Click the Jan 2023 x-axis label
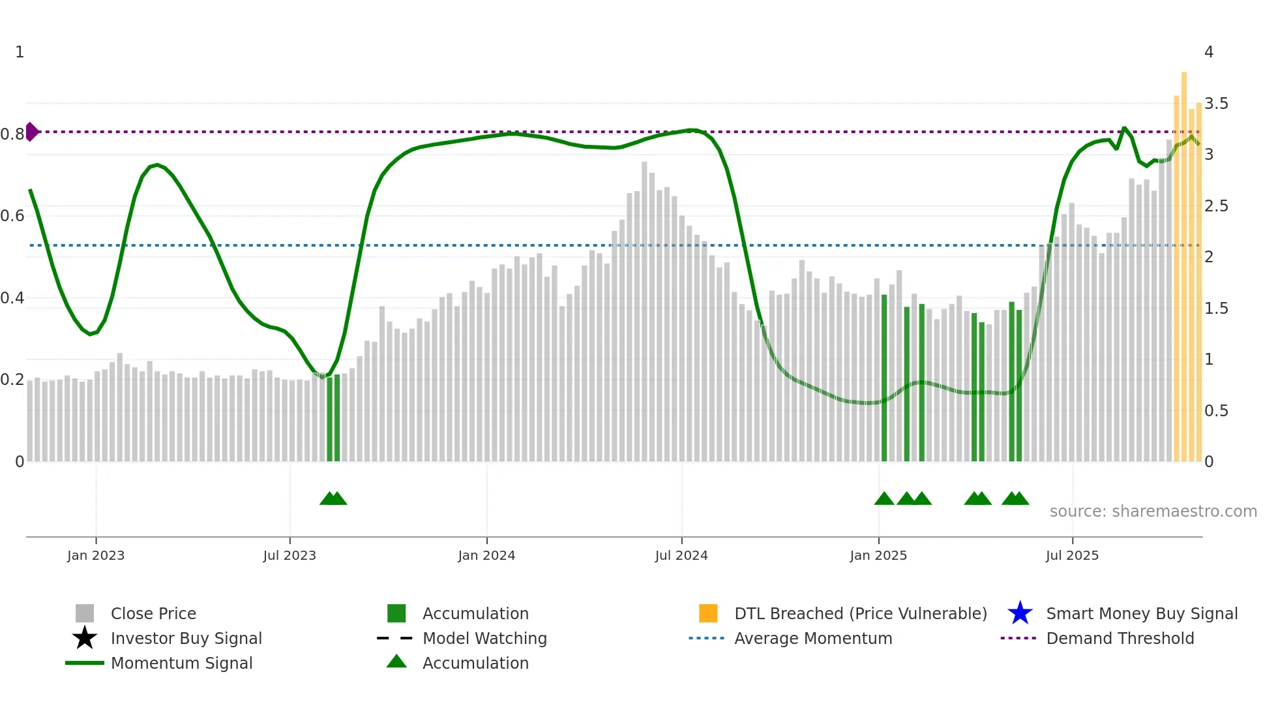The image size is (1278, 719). [96, 556]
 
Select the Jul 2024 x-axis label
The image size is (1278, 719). [681, 556]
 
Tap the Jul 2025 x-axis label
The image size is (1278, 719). [1072, 556]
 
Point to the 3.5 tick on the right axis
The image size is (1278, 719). [1216, 104]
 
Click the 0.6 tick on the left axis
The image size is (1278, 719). [12, 216]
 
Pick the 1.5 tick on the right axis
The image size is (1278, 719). [1216, 309]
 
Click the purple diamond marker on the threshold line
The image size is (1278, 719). [31, 132]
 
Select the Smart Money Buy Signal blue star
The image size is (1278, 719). [1020, 613]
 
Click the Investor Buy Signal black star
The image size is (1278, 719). [85, 638]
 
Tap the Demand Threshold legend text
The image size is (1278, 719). [1120, 638]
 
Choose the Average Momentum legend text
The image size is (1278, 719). [813, 638]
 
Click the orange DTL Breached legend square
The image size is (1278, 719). [708, 613]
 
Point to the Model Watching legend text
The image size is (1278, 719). [484, 638]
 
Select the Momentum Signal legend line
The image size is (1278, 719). [85, 663]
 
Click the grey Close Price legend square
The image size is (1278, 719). [85, 613]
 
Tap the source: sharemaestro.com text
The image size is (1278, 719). [1153, 512]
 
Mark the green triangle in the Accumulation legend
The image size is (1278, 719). [396, 662]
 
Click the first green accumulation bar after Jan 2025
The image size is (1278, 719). [884, 378]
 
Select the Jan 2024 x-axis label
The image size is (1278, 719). [486, 556]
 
